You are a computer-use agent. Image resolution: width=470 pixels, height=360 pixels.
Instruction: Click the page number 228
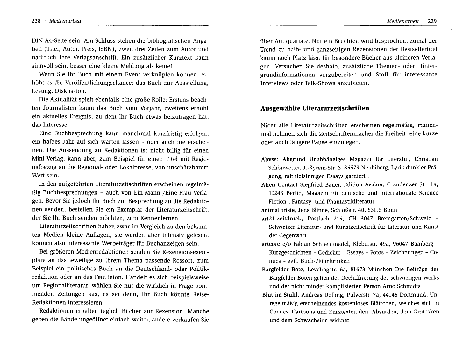tap(36, 21)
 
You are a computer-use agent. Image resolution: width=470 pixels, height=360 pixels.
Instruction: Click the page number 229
tap(432, 21)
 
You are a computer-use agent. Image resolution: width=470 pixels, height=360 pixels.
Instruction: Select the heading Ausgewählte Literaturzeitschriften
tap(315, 108)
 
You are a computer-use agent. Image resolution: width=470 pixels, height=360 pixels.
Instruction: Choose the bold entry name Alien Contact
tap(279, 184)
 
